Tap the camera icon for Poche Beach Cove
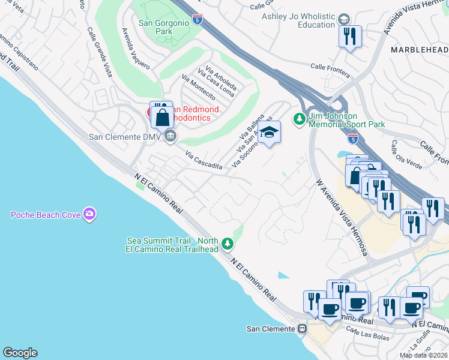click(89, 214)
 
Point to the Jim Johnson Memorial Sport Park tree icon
click(298, 119)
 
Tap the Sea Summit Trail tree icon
click(227, 243)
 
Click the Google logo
click(20, 353)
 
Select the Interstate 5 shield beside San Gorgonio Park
click(198, 21)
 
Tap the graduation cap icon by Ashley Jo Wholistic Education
click(344, 19)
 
